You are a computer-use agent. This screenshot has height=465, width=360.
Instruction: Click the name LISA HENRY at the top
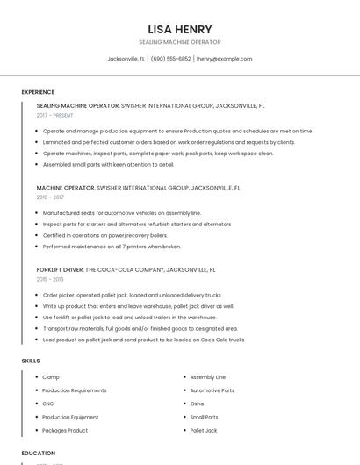click(180, 29)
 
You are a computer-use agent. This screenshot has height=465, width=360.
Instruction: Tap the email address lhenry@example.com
click(224, 59)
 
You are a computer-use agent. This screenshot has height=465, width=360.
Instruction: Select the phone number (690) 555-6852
click(170, 59)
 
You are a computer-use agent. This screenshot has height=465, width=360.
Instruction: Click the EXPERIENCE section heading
click(38, 92)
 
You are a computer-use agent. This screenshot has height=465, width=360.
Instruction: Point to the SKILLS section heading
click(31, 361)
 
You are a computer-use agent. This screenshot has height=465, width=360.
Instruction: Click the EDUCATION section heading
click(38, 453)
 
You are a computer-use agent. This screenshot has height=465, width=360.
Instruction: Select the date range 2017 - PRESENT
click(56, 115)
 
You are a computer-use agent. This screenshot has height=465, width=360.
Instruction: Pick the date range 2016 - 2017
click(50, 197)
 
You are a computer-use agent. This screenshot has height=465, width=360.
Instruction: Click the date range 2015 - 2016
click(50, 279)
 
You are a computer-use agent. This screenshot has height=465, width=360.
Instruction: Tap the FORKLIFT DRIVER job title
click(61, 269)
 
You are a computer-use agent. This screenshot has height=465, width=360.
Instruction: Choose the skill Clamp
click(50, 376)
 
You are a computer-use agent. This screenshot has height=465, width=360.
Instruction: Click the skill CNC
click(47, 404)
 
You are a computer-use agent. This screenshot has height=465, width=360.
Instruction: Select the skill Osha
click(197, 404)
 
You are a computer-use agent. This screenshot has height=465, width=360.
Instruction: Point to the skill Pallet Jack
click(203, 431)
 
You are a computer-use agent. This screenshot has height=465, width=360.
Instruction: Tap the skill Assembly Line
click(207, 376)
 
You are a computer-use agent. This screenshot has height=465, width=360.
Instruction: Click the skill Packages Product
click(65, 431)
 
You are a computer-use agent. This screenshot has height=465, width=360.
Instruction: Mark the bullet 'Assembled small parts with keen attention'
click(108, 164)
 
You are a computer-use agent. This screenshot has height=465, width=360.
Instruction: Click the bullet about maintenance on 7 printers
click(112, 247)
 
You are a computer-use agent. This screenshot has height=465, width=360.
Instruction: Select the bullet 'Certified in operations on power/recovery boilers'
click(104, 235)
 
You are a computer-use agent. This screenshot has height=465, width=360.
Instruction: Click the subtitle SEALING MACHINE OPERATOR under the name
click(180, 42)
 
